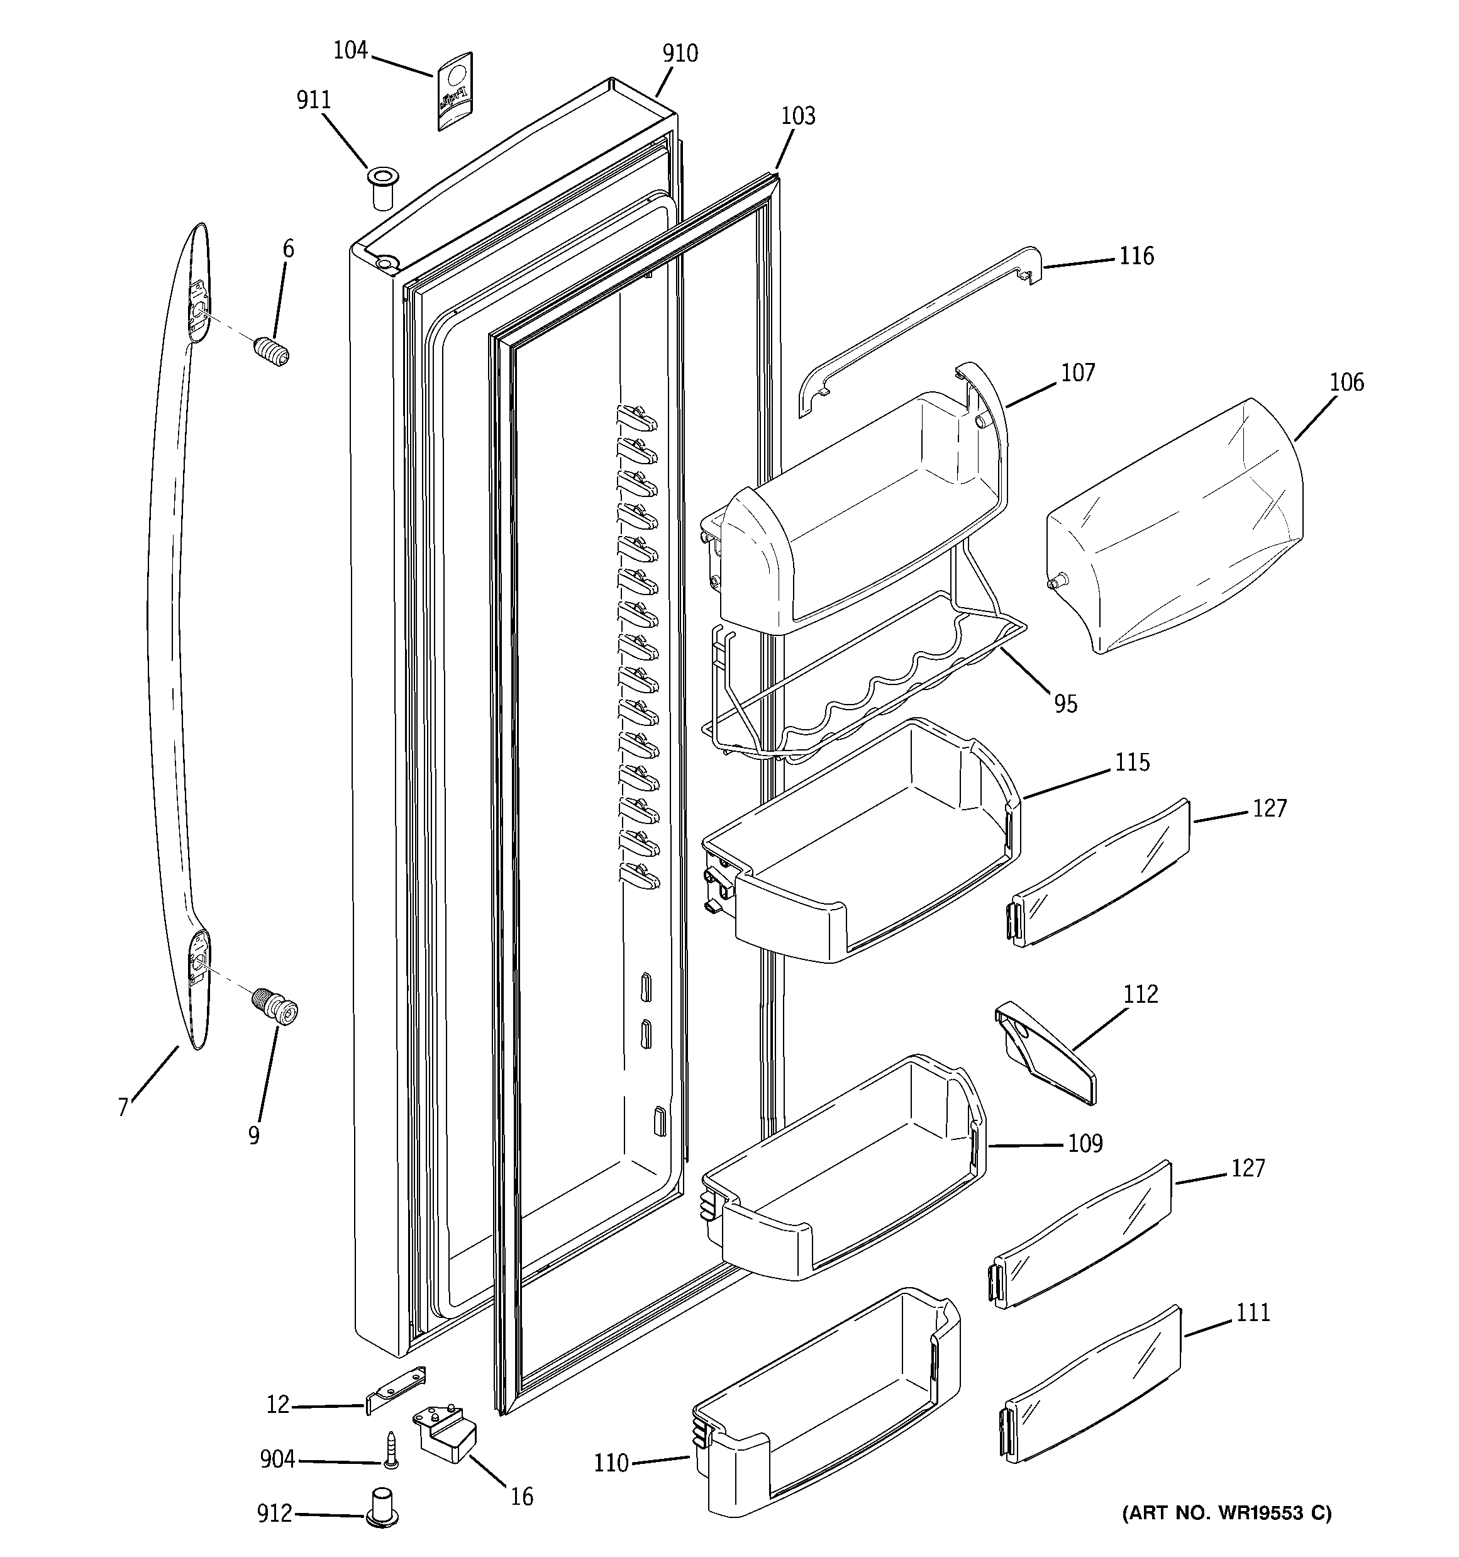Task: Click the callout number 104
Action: [x=350, y=50]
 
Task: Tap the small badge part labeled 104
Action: [x=453, y=91]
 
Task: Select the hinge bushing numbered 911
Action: [x=382, y=187]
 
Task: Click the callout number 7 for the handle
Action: [x=123, y=1107]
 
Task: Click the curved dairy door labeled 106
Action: [x=1175, y=527]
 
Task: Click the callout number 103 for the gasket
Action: [x=798, y=116]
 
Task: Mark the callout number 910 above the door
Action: [x=680, y=53]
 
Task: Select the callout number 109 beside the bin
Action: [x=1085, y=1144]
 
